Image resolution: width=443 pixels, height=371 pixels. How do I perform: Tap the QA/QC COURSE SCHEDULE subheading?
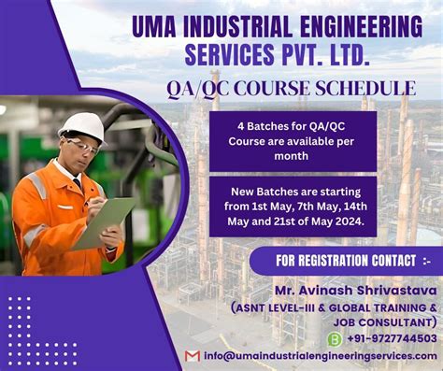click(x=291, y=90)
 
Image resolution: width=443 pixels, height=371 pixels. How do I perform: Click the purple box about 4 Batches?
click(x=293, y=141)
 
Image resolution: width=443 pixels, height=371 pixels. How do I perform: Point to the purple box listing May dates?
click(x=293, y=206)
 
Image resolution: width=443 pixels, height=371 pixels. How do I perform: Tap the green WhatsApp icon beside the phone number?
click(x=334, y=338)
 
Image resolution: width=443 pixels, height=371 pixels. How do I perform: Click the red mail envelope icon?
click(x=193, y=356)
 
